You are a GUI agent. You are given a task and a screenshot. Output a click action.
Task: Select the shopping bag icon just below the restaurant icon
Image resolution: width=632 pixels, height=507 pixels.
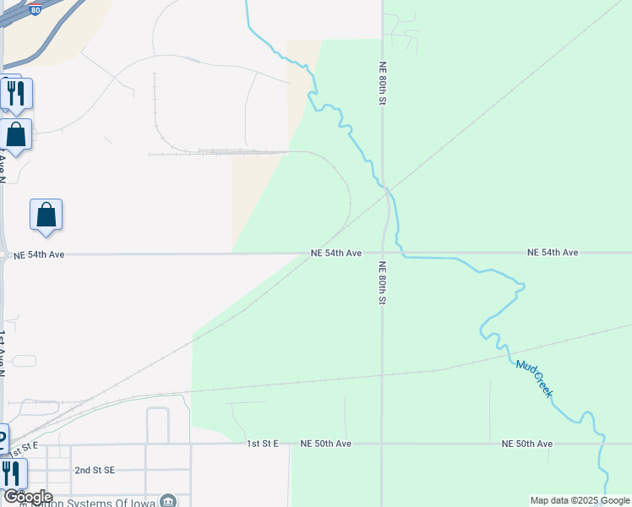[x=15, y=134]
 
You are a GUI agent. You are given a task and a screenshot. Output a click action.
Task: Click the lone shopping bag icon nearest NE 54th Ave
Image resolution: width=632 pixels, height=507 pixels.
[x=46, y=215]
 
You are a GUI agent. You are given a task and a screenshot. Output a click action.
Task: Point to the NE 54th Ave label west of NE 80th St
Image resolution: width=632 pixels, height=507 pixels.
[x=336, y=253]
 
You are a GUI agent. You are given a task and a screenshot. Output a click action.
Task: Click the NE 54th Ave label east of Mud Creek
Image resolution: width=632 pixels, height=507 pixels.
[x=553, y=253]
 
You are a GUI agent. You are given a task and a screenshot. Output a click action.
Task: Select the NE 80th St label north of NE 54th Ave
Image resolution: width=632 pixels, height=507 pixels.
[x=383, y=82]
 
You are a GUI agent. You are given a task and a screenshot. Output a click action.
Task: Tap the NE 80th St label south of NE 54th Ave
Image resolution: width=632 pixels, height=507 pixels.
[x=383, y=282]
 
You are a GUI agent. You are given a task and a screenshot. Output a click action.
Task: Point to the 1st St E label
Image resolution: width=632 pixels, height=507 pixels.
[x=263, y=444]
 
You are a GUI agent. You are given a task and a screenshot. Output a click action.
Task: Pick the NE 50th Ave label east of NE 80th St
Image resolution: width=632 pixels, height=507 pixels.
[x=526, y=444]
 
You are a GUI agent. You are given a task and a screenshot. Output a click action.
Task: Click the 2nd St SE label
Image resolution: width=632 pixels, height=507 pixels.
[x=94, y=470]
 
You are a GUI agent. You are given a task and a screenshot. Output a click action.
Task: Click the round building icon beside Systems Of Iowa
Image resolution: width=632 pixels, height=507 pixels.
[x=170, y=500]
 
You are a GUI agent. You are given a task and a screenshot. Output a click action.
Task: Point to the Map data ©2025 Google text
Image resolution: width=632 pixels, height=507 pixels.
[x=579, y=500]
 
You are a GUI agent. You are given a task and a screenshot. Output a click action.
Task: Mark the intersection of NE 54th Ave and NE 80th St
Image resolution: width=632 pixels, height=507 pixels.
[x=382, y=253]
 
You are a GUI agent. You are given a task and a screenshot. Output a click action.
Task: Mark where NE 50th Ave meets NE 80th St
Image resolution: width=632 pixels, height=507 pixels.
[x=382, y=443]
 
